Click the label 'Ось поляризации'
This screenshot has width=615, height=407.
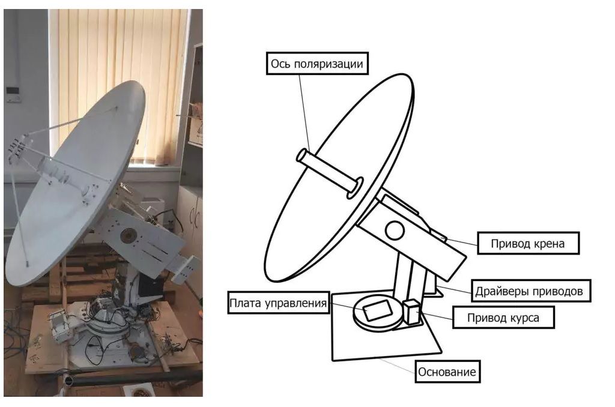click(317, 63)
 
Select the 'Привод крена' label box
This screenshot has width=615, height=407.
click(528, 243)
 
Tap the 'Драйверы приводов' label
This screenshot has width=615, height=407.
click(531, 291)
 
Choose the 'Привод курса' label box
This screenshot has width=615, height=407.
click(503, 317)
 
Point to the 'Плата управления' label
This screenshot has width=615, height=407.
click(278, 303)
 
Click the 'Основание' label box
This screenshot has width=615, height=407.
click(447, 372)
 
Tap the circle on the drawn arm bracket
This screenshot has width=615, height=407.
click(395, 231)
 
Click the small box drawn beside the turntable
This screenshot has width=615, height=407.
click(411, 312)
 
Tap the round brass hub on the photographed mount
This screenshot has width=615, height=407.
click(128, 235)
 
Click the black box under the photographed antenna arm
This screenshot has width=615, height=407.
click(150, 285)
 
